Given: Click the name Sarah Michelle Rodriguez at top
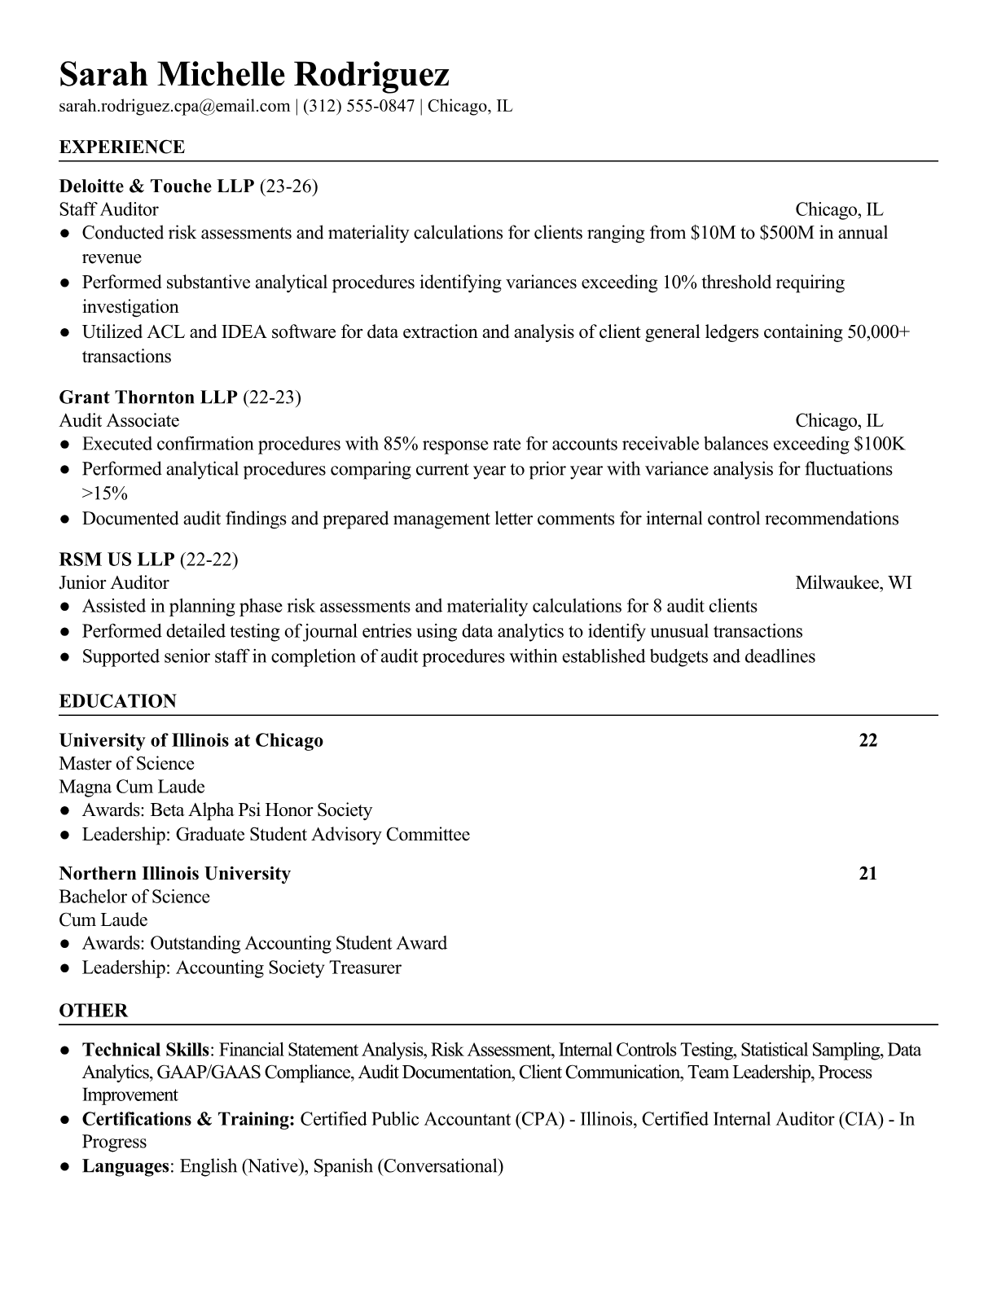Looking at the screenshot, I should coord(254,74).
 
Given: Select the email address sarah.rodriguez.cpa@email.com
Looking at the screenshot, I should coord(174,106).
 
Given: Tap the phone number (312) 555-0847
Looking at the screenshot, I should coord(358,106).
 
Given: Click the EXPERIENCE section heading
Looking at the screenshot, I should coord(122,147).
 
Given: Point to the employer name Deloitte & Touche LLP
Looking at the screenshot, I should coord(157,186).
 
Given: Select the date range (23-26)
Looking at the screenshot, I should coord(288,186).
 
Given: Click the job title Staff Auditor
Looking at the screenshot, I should coord(108,210).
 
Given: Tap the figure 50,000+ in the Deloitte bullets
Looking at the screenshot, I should coord(879,332).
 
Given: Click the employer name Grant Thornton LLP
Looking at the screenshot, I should coord(148,397).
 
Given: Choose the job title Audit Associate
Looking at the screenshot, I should coord(119,421).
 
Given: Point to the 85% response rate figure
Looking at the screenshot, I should coord(398,445).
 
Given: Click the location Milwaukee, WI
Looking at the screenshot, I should coord(853,583).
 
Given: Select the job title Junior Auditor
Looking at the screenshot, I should coord(114,583).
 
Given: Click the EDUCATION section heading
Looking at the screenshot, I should coord(118,701).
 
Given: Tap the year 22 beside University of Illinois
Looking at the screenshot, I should coord(868,740).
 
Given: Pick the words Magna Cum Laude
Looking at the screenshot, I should coord(132,788).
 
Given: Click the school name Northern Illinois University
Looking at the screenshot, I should coord(175,874).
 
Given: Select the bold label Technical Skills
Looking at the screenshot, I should coord(147,1050).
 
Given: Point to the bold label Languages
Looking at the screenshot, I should coord(125,1166).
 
